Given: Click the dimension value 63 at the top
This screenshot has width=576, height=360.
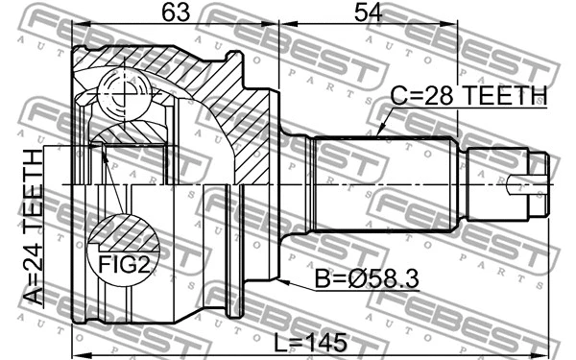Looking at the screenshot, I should coord(175,14).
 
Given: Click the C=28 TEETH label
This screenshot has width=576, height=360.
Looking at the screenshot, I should coord(468,95).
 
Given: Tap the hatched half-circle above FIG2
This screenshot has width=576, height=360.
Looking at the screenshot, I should coord(124,230).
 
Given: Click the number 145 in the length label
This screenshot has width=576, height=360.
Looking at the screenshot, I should coord(328,342).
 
